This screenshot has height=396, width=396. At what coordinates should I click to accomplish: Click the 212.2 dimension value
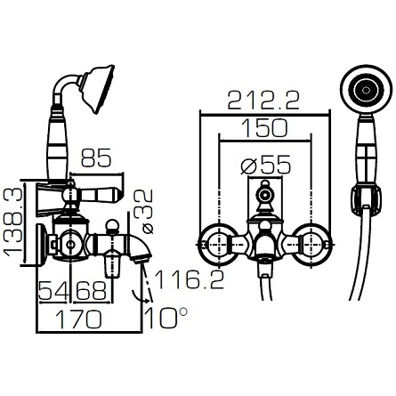point(263,101)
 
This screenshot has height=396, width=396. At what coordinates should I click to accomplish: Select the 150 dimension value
point(264,128)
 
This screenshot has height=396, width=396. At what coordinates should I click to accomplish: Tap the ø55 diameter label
point(266,165)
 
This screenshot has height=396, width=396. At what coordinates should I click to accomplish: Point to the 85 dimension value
point(96,158)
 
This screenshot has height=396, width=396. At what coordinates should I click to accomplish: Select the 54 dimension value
point(53,290)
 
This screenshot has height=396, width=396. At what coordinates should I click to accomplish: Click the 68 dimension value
point(91,290)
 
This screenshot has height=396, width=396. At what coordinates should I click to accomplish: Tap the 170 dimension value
point(78,319)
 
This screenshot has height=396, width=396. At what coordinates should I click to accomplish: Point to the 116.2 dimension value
point(190,279)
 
